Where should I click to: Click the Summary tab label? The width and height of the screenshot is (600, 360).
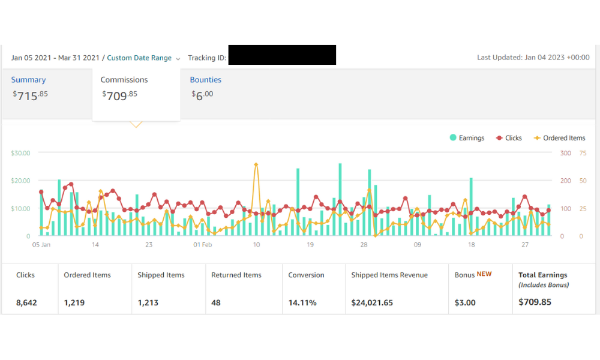(x=28, y=80)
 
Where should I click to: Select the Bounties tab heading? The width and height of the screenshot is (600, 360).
(x=205, y=80)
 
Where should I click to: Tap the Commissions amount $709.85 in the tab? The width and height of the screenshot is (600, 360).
(x=119, y=95)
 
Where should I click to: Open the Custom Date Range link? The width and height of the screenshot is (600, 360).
(x=139, y=58)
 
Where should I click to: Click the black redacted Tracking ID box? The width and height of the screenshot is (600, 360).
(x=282, y=55)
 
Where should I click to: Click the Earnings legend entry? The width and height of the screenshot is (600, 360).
(x=467, y=138)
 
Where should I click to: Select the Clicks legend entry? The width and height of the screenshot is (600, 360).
(x=509, y=138)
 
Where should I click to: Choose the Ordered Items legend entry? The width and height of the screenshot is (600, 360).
(x=559, y=138)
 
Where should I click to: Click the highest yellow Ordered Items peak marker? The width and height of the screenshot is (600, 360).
(x=256, y=165)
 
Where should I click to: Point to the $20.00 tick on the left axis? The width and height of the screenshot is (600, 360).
(x=20, y=181)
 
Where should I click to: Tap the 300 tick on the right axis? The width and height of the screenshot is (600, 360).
(x=566, y=153)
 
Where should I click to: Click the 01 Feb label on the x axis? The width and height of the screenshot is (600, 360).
(x=202, y=244)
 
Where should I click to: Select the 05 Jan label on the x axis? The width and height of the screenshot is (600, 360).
(x=41, y=244)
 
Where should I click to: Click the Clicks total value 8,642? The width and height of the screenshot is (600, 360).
(x=26, y=302)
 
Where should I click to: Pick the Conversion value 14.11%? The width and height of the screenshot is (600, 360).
(x=302, y=302)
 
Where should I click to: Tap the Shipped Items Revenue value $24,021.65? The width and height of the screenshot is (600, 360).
(x=372, y=302)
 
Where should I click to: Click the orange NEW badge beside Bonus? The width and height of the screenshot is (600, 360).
(x=484, y=274)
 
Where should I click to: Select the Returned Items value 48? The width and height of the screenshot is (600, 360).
(x=216, y=302)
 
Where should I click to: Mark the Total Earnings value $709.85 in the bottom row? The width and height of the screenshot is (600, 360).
(x=535, y=302)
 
